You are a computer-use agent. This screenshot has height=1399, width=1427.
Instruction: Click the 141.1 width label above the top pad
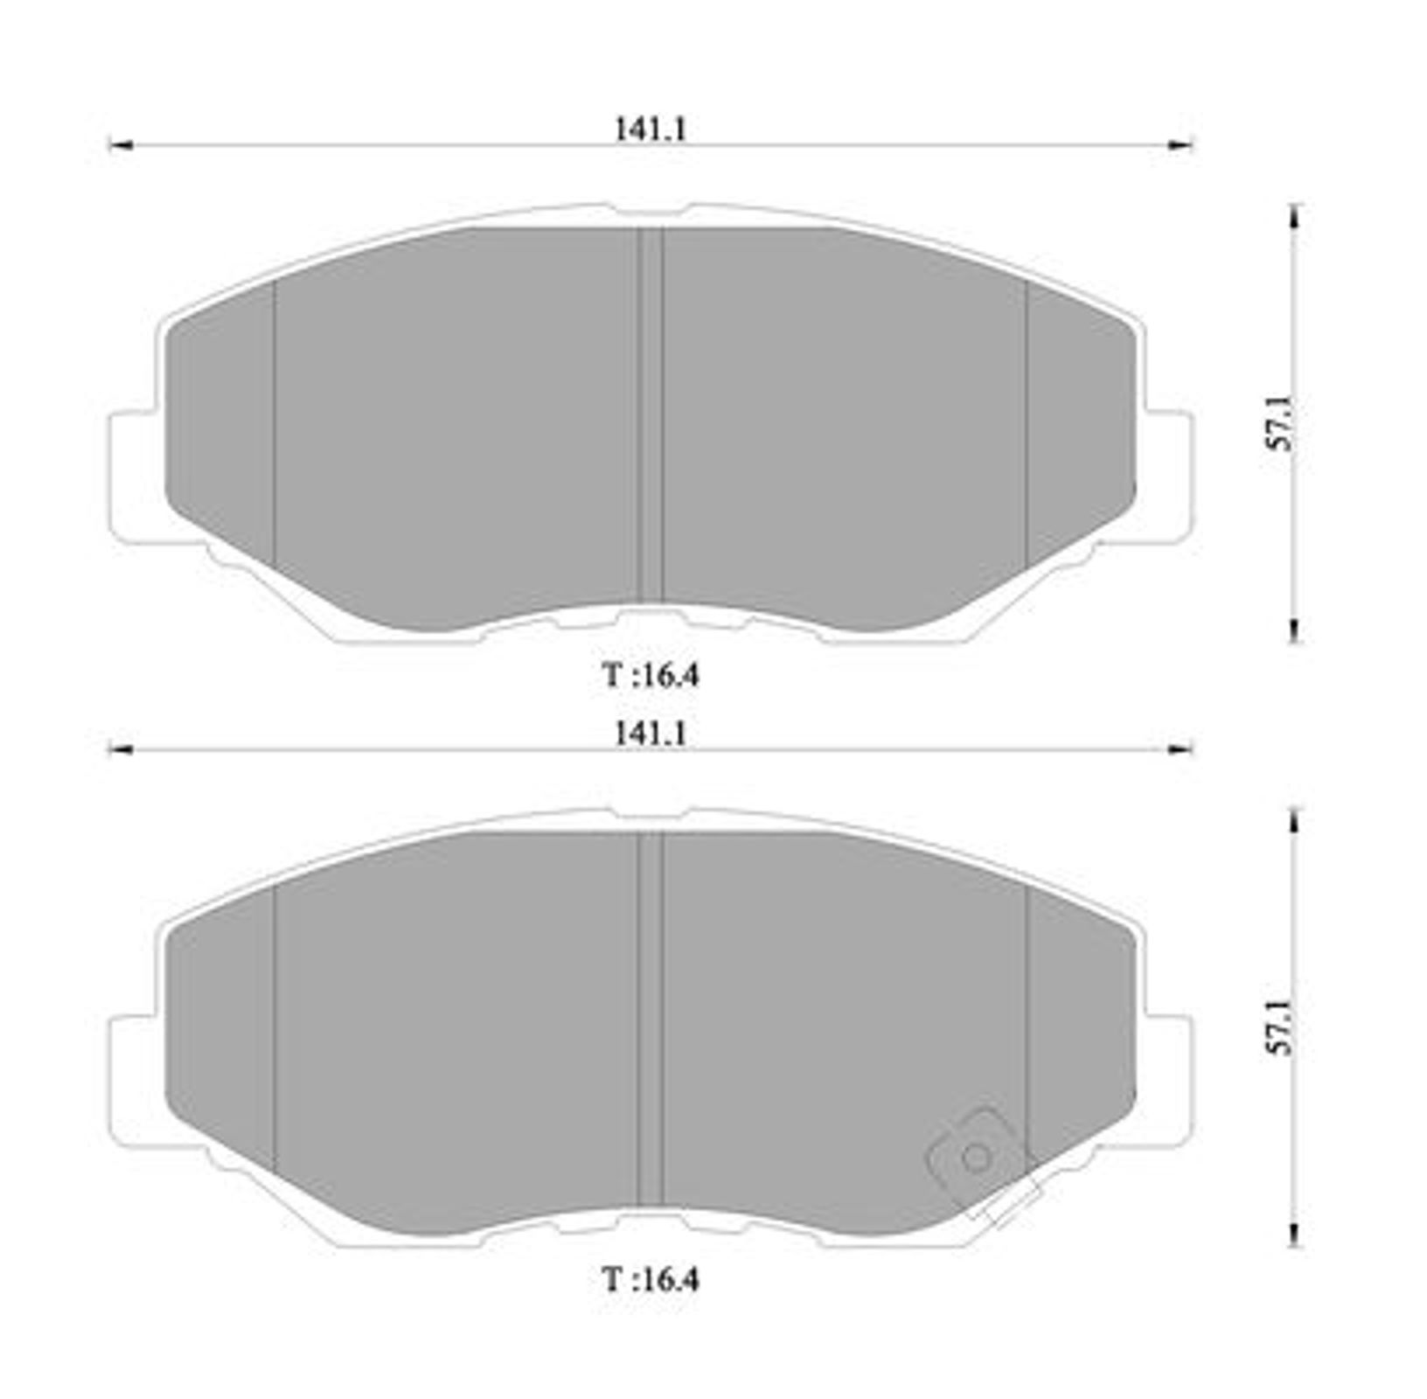click(651, 129)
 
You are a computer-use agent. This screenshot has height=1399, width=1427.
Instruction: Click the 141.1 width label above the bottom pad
click(651, 734)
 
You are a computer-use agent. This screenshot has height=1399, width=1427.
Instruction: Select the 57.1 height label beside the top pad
click(1282, 423)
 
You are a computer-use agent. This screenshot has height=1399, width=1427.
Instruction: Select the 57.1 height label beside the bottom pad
click(1282, 1027)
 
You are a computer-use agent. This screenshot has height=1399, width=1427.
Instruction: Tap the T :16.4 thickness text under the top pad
click(651, 676)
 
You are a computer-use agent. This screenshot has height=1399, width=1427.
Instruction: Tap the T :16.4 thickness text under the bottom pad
click(651, 1281)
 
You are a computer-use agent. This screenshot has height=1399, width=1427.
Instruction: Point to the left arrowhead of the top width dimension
click(119, 145)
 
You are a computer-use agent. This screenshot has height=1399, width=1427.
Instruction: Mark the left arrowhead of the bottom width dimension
click(119, 749)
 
